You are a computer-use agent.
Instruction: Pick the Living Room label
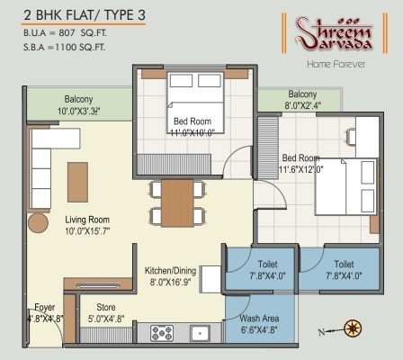pos(86,219)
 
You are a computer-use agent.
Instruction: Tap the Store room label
pos(105,307)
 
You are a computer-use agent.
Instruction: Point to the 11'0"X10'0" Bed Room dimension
pos(193,130)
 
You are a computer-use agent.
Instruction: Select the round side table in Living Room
pos(38,222)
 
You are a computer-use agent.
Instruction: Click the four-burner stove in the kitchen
pos(163,334)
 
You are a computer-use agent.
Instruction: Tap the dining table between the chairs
pos(177,203)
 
